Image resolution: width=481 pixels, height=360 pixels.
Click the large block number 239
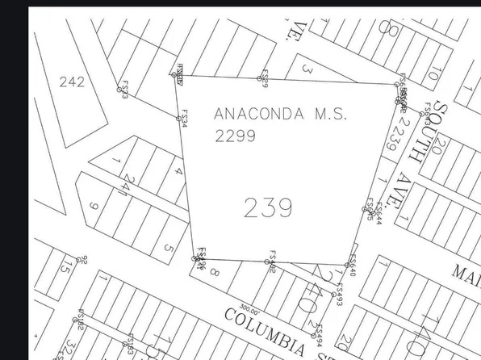tap(267, 208)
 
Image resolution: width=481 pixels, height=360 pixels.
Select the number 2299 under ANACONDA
tap(236, 136)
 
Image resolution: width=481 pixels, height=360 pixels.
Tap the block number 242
tap(72, 82)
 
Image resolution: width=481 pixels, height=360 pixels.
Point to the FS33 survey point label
tap(124, 90)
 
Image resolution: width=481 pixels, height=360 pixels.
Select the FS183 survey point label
tap(130, 346)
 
